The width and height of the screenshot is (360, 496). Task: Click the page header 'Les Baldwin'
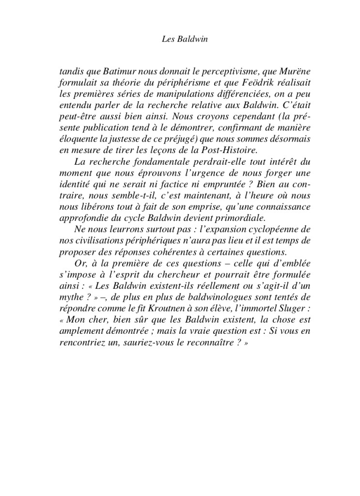point(180,39)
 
